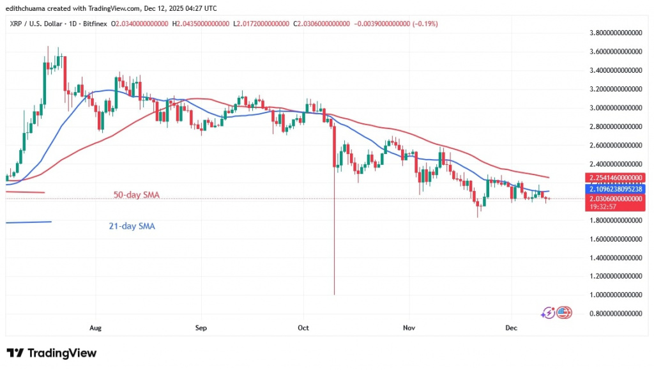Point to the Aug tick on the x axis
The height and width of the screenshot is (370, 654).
pyautogui.click(x=95, y=328)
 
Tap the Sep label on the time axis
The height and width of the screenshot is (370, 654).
pyautogui.click(x=201, y=328)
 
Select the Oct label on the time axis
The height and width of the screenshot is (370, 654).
pyautogui.click(x=303, y=328)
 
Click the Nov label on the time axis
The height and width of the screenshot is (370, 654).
pyautogui.click(x=409, y=328)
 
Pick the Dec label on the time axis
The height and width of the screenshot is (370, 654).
pyautogui.click(x=511, y=328)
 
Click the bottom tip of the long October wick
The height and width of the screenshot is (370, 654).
pyautogui.click(x=334, y=295)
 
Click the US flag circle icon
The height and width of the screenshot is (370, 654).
pyautogui.click(x=563, y=312)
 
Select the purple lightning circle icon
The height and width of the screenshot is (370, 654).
pyautogui.click(x=548, y=312)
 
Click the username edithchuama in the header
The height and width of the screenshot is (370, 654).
pyautogui.click(x=27, y=8)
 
